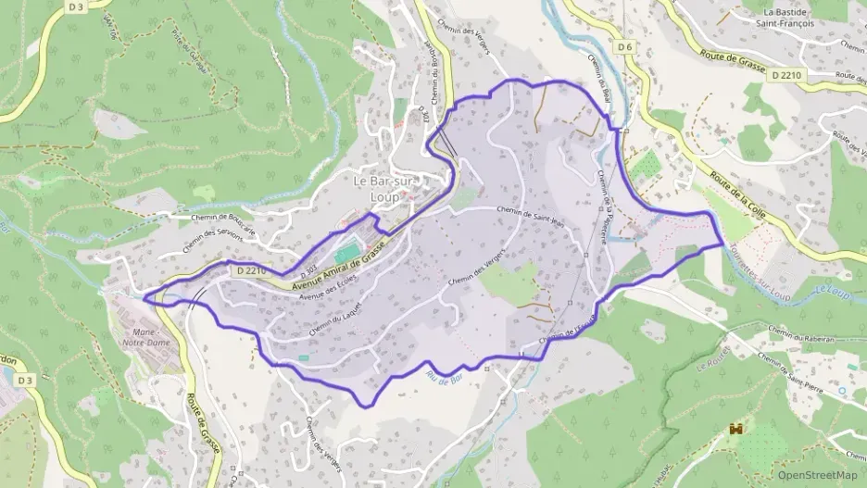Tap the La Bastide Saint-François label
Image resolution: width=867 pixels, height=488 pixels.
(x=785, y=18)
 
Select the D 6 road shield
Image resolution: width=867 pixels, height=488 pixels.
(x=625, y=47)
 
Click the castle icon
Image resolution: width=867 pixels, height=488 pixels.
(x=738, y=429)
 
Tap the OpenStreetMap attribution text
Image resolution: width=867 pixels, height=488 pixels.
(x=818, y=475)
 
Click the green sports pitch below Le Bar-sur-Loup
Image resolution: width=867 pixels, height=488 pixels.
(x=346, y=253)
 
